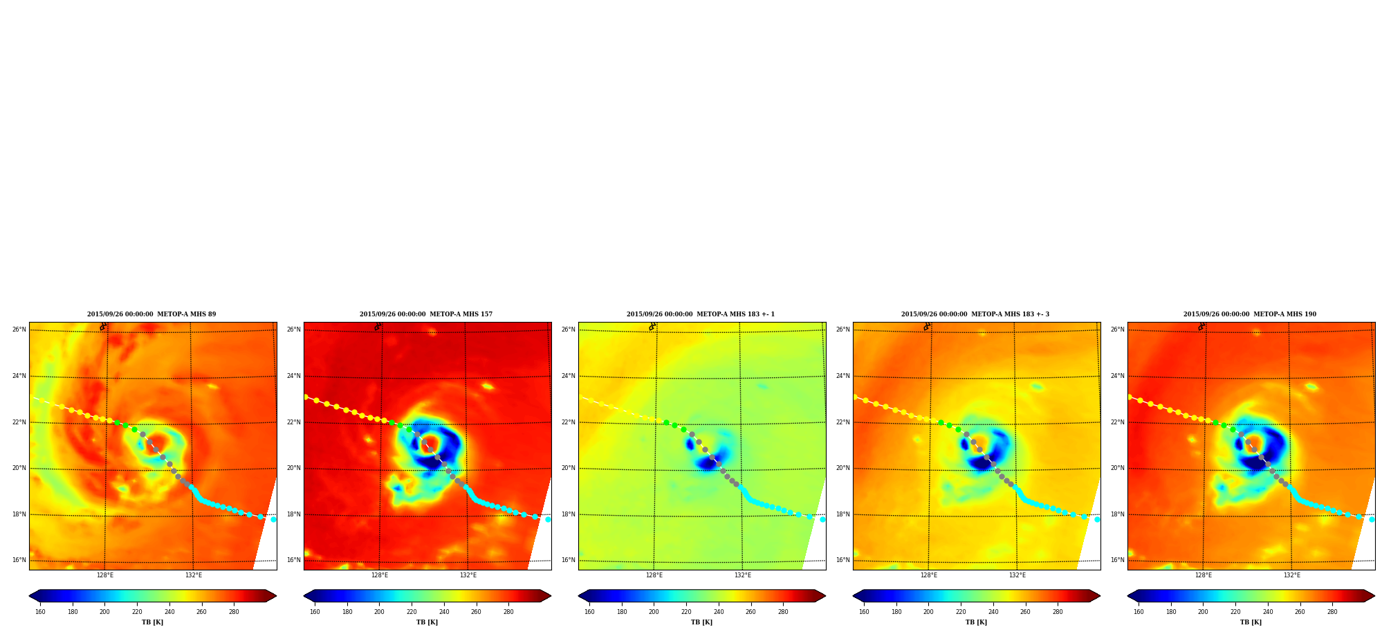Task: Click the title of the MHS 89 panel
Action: (151, 314)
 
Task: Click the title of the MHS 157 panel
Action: (426, 314)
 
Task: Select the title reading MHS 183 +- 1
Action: (701, 314)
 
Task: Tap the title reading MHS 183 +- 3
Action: (975, 314)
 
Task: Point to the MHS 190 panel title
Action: (1250, 314)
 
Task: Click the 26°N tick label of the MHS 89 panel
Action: (19, 329)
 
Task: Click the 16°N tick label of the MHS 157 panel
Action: (294, 560)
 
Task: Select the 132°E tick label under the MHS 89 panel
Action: (194, 575)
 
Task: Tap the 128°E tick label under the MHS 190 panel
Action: (1204, 575)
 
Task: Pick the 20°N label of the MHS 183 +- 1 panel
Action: (569, 468)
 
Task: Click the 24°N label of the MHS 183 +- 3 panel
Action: (843, 376)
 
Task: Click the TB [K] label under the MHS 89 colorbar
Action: (153, 622)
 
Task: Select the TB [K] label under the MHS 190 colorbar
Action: (1251, 622)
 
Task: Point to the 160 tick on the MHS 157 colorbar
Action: (315, 612)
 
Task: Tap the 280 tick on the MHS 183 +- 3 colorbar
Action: (1058, 612)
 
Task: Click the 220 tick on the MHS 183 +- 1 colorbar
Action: (686, 612)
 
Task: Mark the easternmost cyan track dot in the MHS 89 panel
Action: (273, 519)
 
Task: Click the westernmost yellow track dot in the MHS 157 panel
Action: (306, 397)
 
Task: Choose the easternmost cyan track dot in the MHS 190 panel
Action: (1372, 519)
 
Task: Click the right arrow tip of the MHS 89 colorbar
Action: (276, 596)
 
